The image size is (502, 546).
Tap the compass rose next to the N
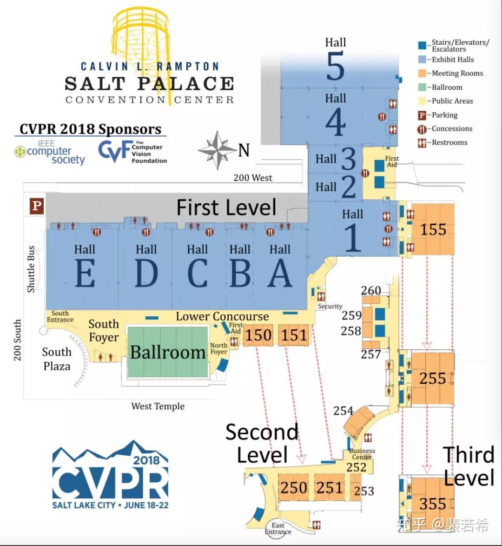(217, 150)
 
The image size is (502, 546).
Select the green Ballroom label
(168, 353)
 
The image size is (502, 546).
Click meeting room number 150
(258, 335)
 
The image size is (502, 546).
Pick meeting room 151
(294, 335)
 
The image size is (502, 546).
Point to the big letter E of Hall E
(85, 274)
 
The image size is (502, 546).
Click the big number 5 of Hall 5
(335, 66)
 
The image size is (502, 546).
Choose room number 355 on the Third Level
(432, 504)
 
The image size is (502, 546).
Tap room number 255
(432, 379)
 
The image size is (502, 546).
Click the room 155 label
(433, 229)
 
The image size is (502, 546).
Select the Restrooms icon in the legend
(422, 143)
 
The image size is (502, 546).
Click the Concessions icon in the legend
(422, 129)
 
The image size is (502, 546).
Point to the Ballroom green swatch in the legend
(422, 87)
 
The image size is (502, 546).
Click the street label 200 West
(253, 178)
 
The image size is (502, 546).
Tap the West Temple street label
(158, 406)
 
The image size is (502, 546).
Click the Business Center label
(362, 454)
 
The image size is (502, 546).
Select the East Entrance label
(278, 528)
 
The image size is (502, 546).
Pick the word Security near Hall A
(330, 306)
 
